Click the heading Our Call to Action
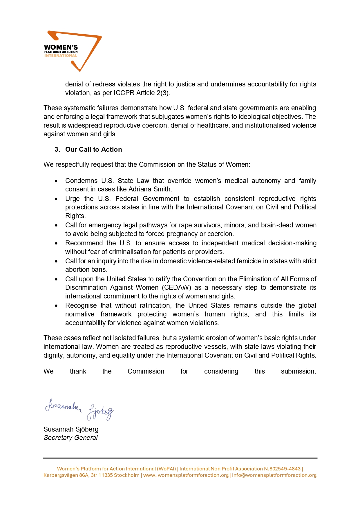pyautogui.click(x=93, y=149)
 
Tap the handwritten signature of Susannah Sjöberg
pyautogui.click(x=79, y=409)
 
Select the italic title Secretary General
pyautogui.click(x=70, y=438)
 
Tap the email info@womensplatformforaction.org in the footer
pyautogui.click(x=274, y=475)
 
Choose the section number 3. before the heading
pyautogui.click(x=57, y=149)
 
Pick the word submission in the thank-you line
pyautogui.click(x=298, y=371)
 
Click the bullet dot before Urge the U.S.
pyautogui.click(x=56, y=199)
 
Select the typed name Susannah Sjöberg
pyautogui.click(x=71, y=429)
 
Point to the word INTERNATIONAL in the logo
pyautogui.click(x=61, y=56)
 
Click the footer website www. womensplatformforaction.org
pyautogui.click(x=186, y=475)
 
